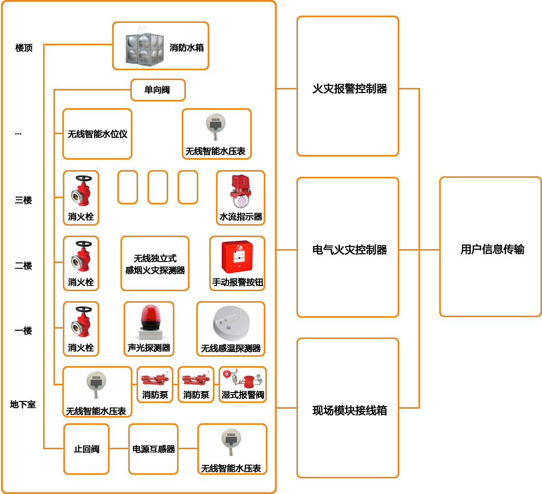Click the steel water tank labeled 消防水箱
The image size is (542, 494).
[x=145, y=46]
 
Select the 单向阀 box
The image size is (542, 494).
[x=157, y=90]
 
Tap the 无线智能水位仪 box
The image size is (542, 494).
[x=97, y=134]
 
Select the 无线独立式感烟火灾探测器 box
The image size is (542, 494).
[x=155, y=264]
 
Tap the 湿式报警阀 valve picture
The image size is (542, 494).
[x=242, y=379]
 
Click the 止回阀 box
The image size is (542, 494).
[x=86, y=449]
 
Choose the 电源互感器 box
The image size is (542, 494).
[x=154, y=449]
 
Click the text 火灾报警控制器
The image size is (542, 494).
[x=349, y=89]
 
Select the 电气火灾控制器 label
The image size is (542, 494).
[x=349, y=250]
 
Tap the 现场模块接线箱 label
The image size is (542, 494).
[x=349, y=411]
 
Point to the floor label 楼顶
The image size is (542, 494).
[x=24, y=48]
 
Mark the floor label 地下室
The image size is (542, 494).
[x=23, y=404]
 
